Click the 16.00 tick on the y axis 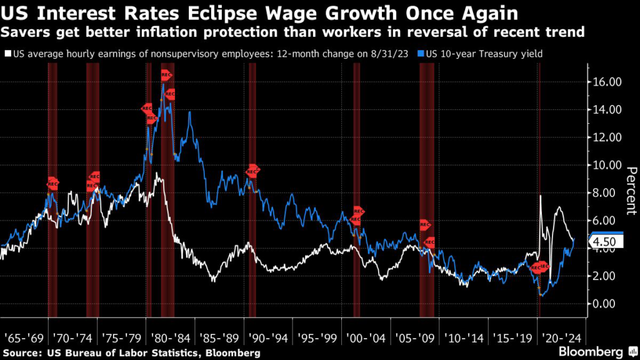coord(606,82)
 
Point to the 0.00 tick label coord(606,304)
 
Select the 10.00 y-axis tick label coord(606,165)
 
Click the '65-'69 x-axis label coord(23,338)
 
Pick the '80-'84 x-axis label coord(170,338)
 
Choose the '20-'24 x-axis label coord(562,338)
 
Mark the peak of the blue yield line coord(163,84)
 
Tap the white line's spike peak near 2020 coord(541,196)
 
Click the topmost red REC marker coord(166,75)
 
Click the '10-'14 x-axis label coord(464,338)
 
